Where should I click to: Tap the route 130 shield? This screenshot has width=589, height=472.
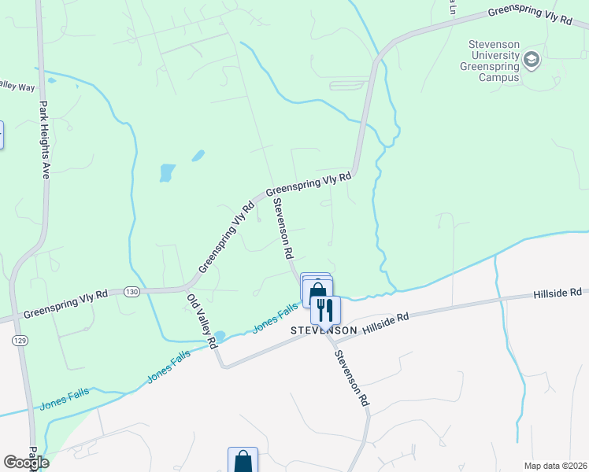click(132, 292)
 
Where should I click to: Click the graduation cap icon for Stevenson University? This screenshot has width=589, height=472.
click(532, 61)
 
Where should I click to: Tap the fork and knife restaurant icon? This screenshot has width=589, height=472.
click(326, 309)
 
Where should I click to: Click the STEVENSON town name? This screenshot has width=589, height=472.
click(324, 330)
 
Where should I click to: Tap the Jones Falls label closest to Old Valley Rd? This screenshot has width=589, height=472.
click(169, 368)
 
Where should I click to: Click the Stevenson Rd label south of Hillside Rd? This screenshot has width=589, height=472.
click(351, 378)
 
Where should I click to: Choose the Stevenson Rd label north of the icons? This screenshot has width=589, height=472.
click(283, 229)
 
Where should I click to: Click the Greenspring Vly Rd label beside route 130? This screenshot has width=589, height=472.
click(65, 302)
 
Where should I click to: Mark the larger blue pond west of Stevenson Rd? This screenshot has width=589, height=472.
click(167, 171)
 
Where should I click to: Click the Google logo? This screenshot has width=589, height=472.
click(26, 463)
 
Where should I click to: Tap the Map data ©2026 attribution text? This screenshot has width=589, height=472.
click(556, 466)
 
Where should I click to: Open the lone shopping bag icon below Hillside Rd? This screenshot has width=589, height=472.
click(243, 461)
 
